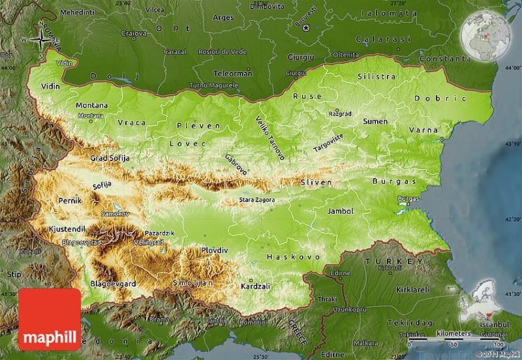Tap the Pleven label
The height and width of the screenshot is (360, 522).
(x=190, y=125)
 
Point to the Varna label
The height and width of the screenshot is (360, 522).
(x=423, y=130)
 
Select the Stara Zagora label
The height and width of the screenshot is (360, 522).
(x=256, y=200)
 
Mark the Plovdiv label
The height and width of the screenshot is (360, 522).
(x=215, y=250)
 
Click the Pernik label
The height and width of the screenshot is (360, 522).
(x=70, y=201)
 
